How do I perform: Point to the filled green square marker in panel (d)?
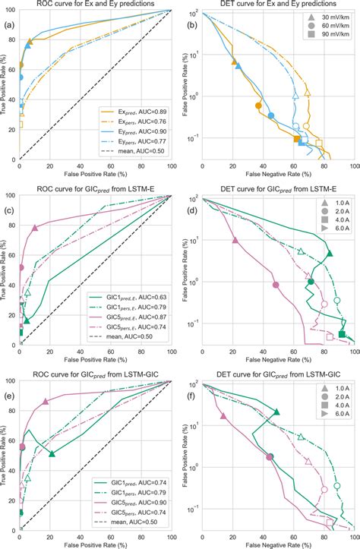click(x=342, y=335)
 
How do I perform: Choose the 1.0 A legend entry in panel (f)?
click(x=333, y=393)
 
